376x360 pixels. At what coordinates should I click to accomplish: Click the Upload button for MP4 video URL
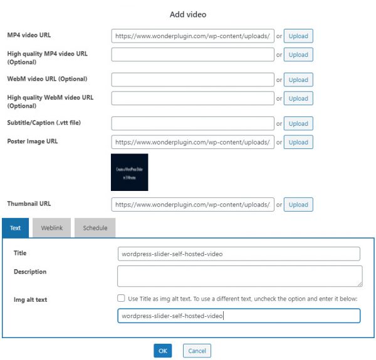click(x=298, y=36)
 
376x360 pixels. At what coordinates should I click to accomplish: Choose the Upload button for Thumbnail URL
click(x=298, y=204)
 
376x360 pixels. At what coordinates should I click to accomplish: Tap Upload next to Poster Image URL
click(x=298, y=142)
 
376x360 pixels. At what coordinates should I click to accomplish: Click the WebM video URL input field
click(x=192, y=80)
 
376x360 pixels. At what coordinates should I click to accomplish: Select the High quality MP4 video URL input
click(x=192, y=54)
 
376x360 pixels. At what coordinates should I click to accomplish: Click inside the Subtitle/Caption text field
click(x=192, y=123)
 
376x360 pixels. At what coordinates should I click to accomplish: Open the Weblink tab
click(x=51, y=228)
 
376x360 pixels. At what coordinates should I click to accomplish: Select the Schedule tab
click(x=95, y=228)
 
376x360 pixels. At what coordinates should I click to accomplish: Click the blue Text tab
click(x=15, y=228)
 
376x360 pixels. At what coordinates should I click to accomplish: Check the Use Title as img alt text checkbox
click(x=121, y=299)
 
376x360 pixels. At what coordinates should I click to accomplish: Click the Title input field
click(x=238, y=254)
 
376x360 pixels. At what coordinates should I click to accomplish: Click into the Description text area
click(x=239, y=276)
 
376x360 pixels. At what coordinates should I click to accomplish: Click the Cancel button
click(x=197, y=351)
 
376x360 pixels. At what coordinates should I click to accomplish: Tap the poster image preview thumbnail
click(x=129, y=172)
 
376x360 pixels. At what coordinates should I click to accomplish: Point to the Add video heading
click(x=188, y=14)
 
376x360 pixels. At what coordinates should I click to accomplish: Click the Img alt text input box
click(x=238, y=316)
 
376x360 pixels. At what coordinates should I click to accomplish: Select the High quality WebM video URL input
click(x=192, y=98)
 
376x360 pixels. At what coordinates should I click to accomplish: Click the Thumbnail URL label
click(x=29, y=204)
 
